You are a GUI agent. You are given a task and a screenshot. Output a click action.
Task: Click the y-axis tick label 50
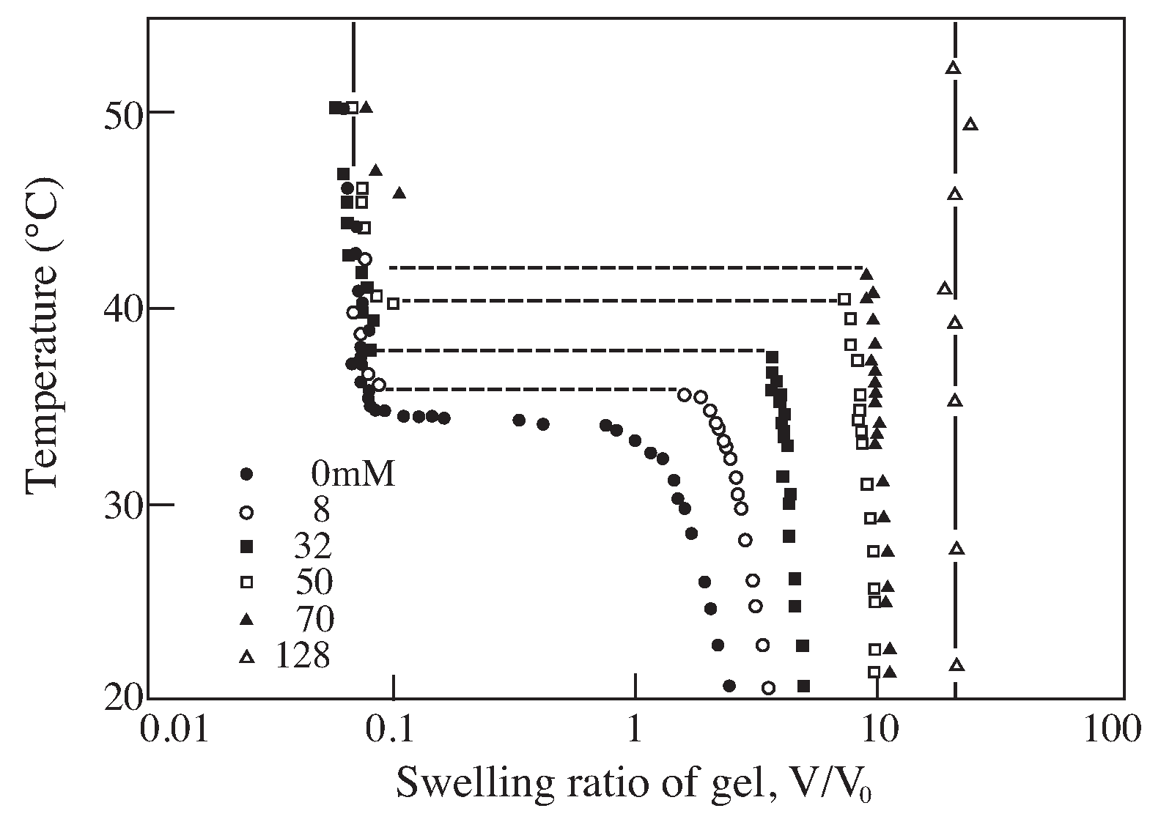(122, 113)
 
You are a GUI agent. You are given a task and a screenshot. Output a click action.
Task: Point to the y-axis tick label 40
(122, 309)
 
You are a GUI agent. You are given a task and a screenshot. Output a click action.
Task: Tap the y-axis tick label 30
(122, 506)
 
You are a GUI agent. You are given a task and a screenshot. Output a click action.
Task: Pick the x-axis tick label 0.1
(394, 731)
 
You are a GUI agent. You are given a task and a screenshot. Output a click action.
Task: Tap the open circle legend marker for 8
(246, 512)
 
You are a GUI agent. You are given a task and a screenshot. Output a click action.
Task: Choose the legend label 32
(314, 547)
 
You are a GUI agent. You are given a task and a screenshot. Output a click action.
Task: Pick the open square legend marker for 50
(246, 582)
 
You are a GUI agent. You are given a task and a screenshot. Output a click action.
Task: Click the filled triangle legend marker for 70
(246, 619)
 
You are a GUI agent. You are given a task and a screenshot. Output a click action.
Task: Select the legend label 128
(303, 656)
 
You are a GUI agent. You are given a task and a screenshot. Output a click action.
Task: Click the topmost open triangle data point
(953, 67)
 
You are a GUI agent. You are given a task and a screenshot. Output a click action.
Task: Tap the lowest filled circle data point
(729, 686)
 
